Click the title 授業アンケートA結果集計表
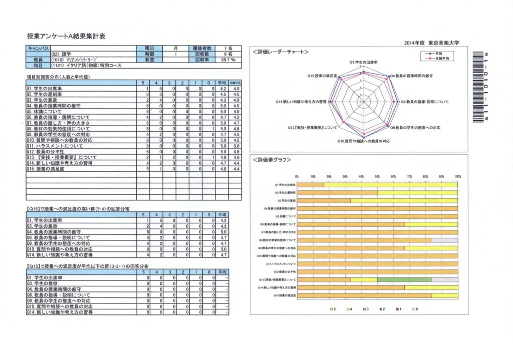pyautogui.click(x=66, y=37)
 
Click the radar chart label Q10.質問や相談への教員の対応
pyautogui.click(x=363, y=141)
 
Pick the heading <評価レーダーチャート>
pyautogui.click(x=280, y=52)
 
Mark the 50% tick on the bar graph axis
pyautogui.click(x=377, y=177)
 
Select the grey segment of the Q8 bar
pyautogui.click(x=444, y=240)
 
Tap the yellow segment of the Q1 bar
pyautogui.click(x=390, y=185)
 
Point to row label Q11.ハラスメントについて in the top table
pyautogui.click(x=55, y=146)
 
